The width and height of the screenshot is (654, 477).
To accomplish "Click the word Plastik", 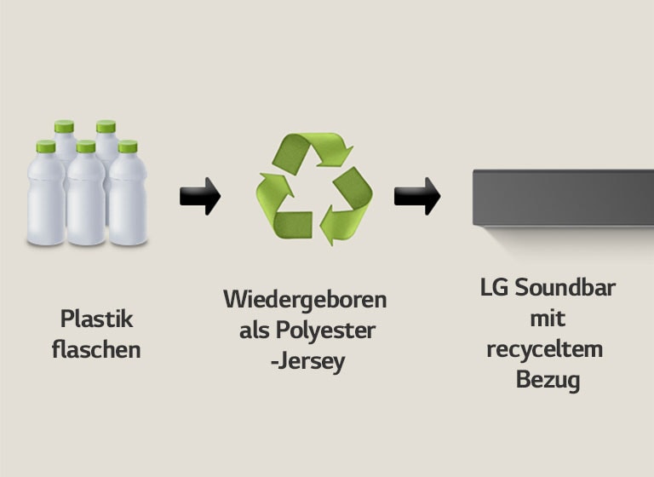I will click(96, 319).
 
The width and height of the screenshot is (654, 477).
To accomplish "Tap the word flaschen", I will click(96, 349).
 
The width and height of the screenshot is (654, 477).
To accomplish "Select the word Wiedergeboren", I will click(305, 300).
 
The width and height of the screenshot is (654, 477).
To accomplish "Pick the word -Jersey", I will click(304, 361).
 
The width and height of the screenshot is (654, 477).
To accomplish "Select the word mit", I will click(548, 319).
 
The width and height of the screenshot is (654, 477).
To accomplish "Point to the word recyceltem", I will click(545, 349).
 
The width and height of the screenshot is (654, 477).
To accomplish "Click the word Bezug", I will click(548, 380).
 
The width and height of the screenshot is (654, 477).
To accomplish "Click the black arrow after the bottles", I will click(200, 196).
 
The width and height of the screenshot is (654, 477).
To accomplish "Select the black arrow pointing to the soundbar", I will click(416, 196).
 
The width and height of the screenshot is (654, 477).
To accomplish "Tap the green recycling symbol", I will click(314, 188).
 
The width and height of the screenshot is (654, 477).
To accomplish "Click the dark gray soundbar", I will click(563, 198).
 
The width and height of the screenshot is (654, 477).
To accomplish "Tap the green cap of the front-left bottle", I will click(46, 147).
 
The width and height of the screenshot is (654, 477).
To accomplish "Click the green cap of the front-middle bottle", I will click(86, 147).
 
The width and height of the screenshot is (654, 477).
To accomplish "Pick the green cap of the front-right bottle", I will click(128, 147).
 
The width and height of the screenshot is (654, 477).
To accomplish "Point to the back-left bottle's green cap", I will click(64, 126).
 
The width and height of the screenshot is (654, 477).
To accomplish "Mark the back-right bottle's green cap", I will click(106, 126).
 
